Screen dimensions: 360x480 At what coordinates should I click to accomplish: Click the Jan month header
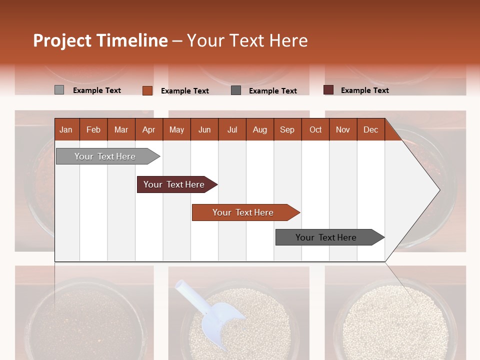tap(66, 129)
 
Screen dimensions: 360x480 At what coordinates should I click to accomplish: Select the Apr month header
tap(148, 129)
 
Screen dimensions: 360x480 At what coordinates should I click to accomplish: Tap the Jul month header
tap(232, 129)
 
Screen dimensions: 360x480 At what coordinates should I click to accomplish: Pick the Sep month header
tap(287, 129)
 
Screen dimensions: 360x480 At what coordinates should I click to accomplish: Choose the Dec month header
tap(370, 129)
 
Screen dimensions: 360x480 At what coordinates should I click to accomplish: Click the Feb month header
tap(93, 129)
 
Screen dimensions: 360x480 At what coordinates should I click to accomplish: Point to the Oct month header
tap(315, 129)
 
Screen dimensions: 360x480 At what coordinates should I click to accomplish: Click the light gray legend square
tap(59, 90)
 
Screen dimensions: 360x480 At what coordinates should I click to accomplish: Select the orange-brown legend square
tap(147, 90)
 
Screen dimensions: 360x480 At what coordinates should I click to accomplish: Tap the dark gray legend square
tap(236, 90)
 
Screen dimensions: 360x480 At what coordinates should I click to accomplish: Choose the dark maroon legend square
tap(328, 90)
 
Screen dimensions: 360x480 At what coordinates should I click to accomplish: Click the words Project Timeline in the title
tap(100, 40)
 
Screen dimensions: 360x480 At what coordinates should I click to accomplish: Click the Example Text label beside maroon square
tap(364, 90)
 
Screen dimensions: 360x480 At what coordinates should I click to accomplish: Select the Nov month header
tap(342, 129)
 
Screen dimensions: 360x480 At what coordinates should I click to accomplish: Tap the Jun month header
tap(204, 129)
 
